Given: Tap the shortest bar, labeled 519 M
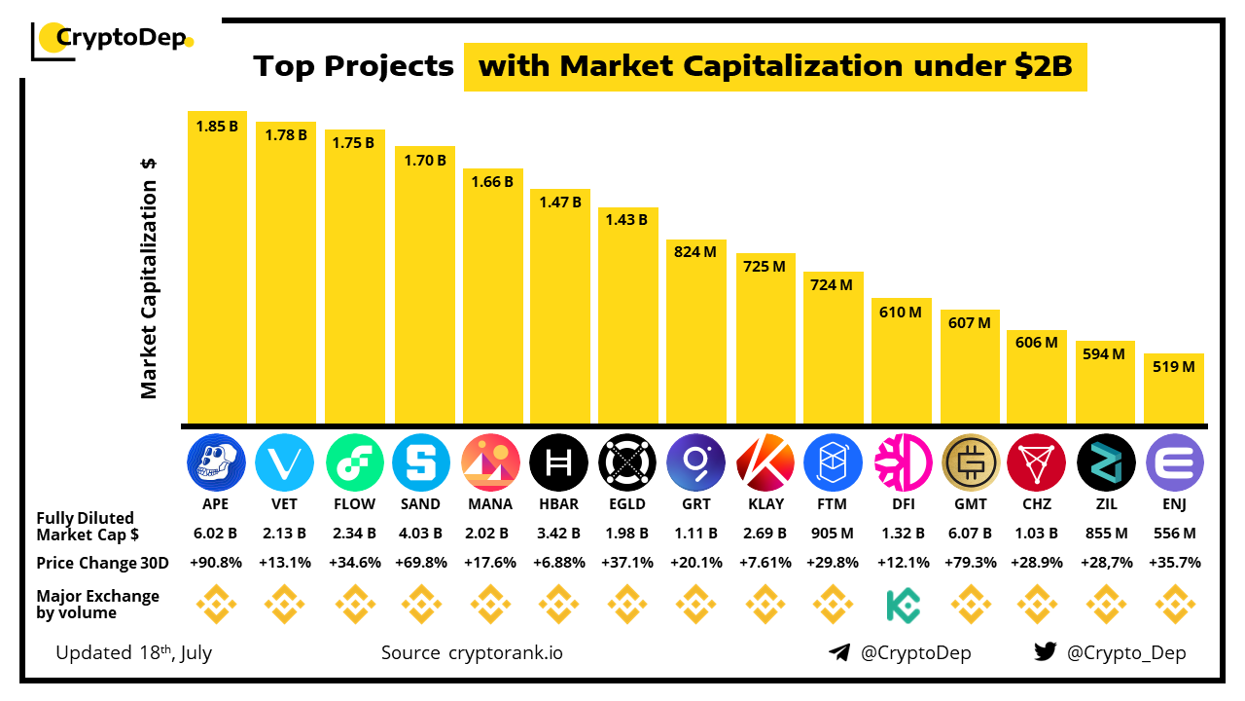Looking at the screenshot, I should tap(1174, 389).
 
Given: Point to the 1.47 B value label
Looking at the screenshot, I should tap(559, 203).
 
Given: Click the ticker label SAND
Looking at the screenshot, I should tap(421, 504).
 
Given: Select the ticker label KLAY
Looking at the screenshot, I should tap(765, 504).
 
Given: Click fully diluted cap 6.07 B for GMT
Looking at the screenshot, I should tap(971, 534).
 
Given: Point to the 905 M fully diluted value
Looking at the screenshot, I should tap(834, 534).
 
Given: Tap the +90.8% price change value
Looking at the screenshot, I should tap(216, 563).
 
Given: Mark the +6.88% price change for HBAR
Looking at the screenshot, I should tap(559, 563).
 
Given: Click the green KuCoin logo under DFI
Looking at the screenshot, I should tap(903, 605).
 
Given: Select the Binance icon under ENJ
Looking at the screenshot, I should tap(1175, 605).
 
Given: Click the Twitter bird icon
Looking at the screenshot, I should tap(1045, 652).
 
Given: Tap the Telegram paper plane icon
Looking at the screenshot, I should tap(839, 652).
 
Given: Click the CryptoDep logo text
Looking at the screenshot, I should tap(122, 39).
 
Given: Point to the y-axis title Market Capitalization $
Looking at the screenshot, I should tap(149, 277).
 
